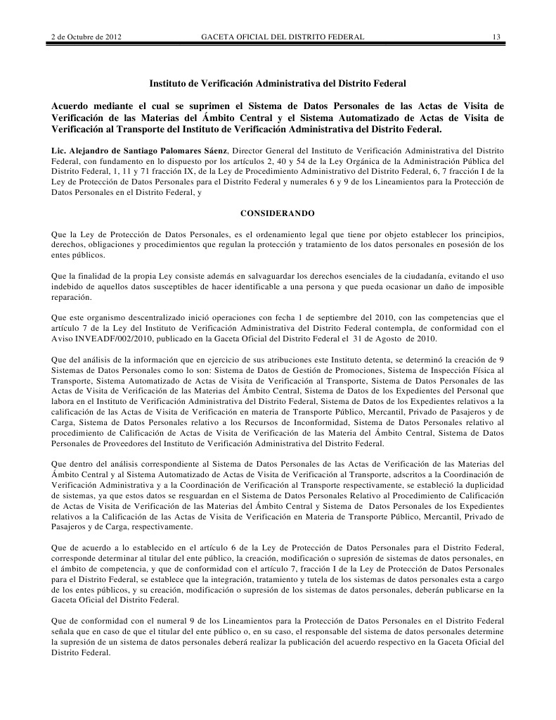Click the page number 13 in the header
point(496,37)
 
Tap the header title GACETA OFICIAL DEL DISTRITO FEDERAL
point(283,37)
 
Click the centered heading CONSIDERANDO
point(278,213)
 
